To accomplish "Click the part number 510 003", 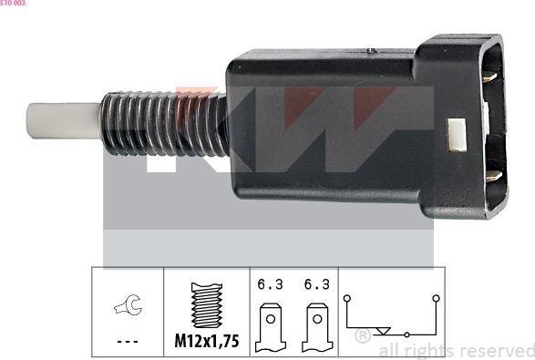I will pyautogui.click(x=13, y=4).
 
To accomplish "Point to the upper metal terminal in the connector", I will pyautogui.click(x=489, y=77).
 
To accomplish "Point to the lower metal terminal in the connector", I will pyautogui.click(x=491, y=175).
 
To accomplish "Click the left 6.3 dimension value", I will pyautogui.click(x=271, y=284).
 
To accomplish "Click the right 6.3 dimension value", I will pyautogui.click(x=316, y=284).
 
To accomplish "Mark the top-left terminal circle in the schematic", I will pyautogui.click(x=346, y=297).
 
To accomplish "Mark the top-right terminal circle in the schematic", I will pyautogui.click(x=437, y=297).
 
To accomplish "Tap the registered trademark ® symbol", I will pyautogui.click(x=361, y=336).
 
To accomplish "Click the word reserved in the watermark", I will pyautogui.click(x=496, y=350).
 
